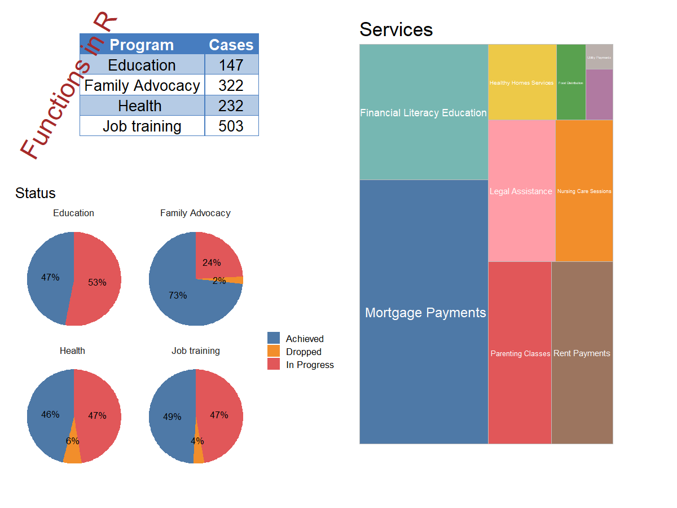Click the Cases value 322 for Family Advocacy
click(x=231, y=85)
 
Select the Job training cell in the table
click(x=142, y=126)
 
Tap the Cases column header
click(x=231, y=45)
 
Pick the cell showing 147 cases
click(x=231, y=65)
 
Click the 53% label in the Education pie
click(x=97, y=282)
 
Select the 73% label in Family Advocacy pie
click(x=178, y=295)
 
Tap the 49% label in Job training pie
click(x=172, y=417)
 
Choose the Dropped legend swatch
click(x=274, y=351)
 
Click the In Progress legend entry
click(x=310, y=365)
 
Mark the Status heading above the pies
click(x=36, y=193)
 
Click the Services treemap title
click(x=396, y=29)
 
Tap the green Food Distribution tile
click(x=571, y=82)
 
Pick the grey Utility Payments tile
click(x=599, y=57)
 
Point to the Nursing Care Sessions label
click(x=584, y=191)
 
